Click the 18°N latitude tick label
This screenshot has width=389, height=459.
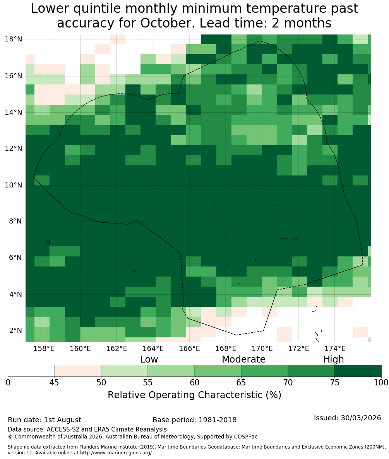point(14,39)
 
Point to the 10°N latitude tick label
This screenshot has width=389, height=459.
point(14,185)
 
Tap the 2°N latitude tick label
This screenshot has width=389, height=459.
point(15,330)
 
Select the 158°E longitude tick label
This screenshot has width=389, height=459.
point(44,348)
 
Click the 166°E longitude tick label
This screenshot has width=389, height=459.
point(190,348)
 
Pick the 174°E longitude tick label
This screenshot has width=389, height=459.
point(335,348)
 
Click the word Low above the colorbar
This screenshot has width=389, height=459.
point(149,359)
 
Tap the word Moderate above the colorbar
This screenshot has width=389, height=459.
point(243,359)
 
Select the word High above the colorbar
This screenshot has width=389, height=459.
point(333,359)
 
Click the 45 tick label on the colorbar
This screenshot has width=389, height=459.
point(55,383)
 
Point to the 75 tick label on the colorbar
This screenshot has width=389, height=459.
point(334,383)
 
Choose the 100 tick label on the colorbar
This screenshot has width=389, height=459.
point(381,383)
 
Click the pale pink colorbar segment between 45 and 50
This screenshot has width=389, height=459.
point(78,371)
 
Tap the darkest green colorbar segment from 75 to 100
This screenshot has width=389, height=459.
point(358,371)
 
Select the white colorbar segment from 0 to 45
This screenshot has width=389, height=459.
point(31,371)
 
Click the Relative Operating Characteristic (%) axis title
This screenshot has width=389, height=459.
point(194,395)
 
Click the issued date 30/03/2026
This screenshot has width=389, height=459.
point(361,418)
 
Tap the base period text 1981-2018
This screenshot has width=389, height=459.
point(218,420)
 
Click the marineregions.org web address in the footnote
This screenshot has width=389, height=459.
point(116,453)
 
